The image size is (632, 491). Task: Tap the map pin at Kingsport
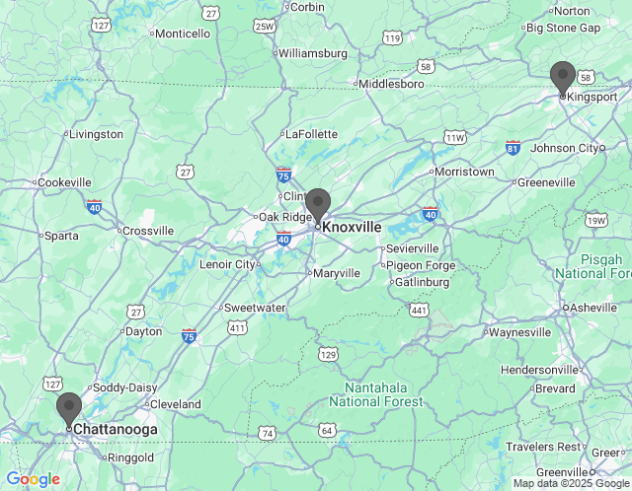pos(563,78)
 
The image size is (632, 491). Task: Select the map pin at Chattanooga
pos(69,408)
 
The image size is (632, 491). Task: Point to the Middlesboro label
pos(391,84)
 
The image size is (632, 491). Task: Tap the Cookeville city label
pos(64,182)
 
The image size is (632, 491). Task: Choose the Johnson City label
pos(565,148)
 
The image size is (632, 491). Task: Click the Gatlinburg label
pos(421,282)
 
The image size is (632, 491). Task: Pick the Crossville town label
pos(147,231)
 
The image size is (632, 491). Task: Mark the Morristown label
pos(464,172)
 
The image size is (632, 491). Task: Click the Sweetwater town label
pos(254,308)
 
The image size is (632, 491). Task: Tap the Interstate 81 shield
pos(513,148)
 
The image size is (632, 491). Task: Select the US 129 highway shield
pos(328,353)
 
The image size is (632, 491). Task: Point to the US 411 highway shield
pos(236,327)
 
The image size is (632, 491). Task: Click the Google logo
pos(33,479)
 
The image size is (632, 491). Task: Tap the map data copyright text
pos(571,483)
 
